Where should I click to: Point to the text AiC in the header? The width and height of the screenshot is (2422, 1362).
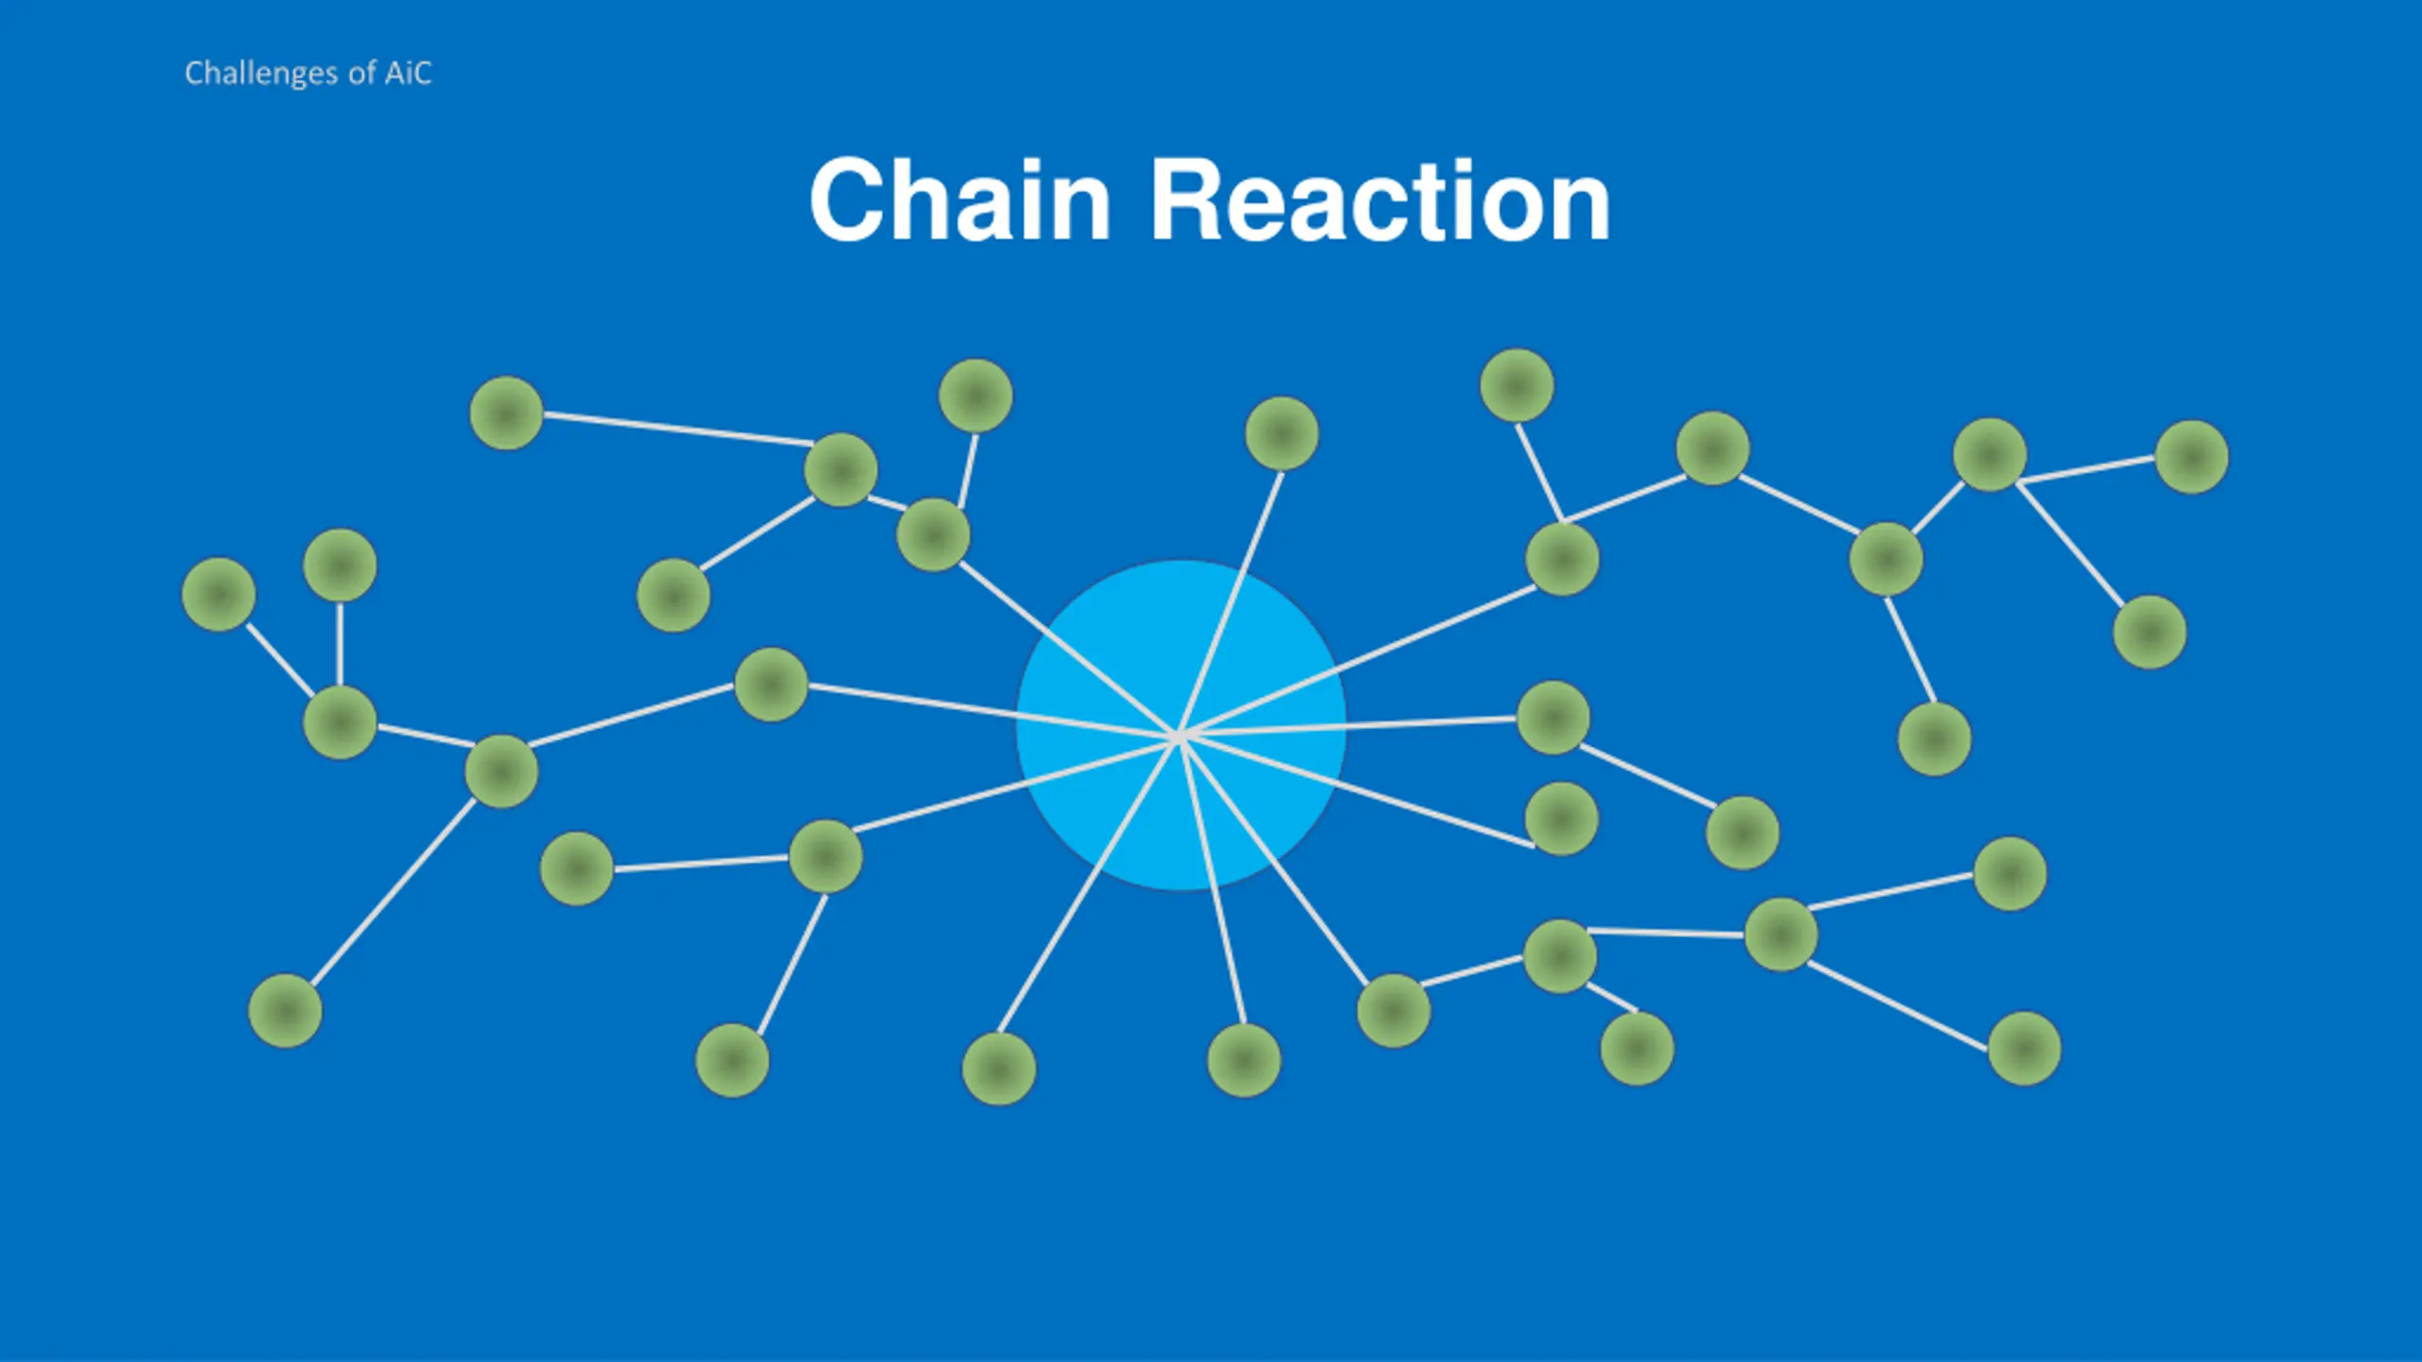click(x=408, y=73)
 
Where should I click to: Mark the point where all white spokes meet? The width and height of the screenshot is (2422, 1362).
click(x=1179, y=735)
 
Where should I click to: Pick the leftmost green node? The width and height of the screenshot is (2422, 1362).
click(x=219, y=594)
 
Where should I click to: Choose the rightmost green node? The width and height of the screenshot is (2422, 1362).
click(x=2191, y=457)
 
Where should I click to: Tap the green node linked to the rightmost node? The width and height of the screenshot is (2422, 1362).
click(x=1990, y=455)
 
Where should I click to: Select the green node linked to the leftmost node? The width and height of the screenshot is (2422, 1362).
click(x=340, y=723)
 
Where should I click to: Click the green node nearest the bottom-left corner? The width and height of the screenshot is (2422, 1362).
click(x=285, y=1010)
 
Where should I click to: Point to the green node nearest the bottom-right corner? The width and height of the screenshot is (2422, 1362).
click(x=2024, y=1048)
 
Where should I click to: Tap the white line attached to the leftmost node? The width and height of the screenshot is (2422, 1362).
click(x=279, y=659)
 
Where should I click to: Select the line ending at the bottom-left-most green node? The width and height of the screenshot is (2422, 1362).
click(x=393, y=892)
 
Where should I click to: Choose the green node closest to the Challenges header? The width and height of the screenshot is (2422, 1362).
click(x=506, y=412)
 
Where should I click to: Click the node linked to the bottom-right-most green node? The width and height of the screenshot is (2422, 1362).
click(x=1781, y=934)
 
